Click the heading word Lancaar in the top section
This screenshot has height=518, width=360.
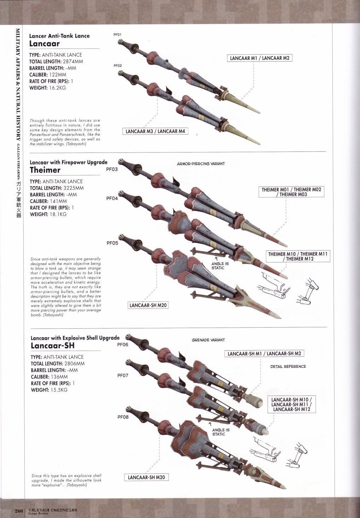tap(44, 44)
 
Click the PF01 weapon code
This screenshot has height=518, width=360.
tap(117, 35)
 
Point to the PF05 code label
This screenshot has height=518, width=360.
tap(112, 243)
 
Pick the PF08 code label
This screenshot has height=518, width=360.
tap(123, 417)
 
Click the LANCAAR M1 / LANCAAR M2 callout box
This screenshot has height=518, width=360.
tap(260, 58)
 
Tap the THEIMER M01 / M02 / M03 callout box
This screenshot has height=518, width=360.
tap(291, 192)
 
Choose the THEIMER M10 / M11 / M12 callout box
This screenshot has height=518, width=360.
tap(298, 256)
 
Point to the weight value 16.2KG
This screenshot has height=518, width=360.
tap(58, 87)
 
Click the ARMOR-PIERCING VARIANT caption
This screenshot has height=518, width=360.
tap(201, 164)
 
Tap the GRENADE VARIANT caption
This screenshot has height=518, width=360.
tap(208, 340)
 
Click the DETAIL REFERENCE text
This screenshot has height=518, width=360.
tap(288, 367)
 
